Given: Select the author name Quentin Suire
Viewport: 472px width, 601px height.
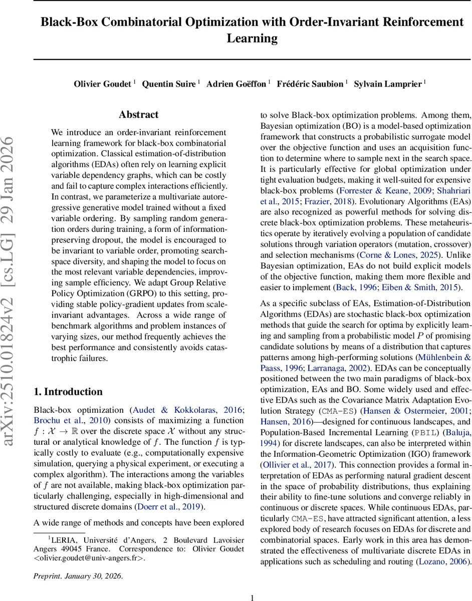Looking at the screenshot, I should (168, 84).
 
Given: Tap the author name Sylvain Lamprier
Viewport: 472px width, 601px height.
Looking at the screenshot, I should (387, 84).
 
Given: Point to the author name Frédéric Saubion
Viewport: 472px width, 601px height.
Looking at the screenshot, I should (310, 84).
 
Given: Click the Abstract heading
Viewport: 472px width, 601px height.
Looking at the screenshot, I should (138, 115).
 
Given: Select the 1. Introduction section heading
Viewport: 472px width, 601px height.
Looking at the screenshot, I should (68, 392).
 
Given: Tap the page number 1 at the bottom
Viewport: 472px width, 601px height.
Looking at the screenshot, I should (253, 597).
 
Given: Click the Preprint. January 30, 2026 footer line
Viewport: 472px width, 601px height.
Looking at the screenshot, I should (78, 576).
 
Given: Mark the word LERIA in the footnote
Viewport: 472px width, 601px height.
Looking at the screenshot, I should (62, 539).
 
